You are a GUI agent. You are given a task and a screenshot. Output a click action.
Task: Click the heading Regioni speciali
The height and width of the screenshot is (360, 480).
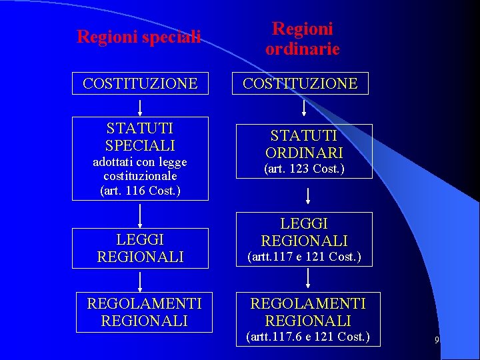[139, 37]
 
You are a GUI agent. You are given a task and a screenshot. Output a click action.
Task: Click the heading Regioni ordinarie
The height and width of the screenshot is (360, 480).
[302, 39]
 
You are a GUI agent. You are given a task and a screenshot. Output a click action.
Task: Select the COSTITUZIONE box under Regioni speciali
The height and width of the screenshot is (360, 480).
[140, 83]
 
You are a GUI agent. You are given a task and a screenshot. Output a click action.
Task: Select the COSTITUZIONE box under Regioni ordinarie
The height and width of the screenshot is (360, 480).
[300, 83]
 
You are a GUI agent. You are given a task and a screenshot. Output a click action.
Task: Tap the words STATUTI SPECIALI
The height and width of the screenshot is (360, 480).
[140, 137]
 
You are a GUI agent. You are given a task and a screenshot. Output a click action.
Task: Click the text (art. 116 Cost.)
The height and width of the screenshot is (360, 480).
[140, 191]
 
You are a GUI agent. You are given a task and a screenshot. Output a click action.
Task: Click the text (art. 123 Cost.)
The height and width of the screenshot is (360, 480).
[304, 169]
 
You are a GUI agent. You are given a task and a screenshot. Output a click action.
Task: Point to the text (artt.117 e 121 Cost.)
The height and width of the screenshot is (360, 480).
[304, 257]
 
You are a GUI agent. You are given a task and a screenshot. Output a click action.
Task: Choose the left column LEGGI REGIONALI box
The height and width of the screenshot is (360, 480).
[140, 247]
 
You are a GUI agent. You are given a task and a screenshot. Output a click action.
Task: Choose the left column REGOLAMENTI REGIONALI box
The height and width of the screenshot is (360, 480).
[144, 312]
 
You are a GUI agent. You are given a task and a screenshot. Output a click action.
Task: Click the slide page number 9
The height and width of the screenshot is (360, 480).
[437, 341]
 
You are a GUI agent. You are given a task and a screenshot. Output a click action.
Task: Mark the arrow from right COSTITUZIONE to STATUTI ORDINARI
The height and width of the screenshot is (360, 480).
[304, 108]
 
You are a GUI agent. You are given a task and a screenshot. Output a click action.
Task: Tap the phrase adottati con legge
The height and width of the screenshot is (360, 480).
[140, 162]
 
